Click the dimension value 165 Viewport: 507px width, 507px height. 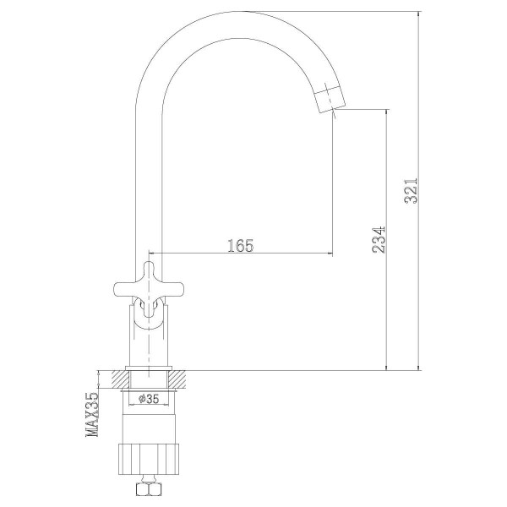pyautogui.click(x=240, y=245)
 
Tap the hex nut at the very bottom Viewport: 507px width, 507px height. pyautogui.click(x=150, y=491)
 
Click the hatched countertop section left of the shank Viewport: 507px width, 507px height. pyautogui.click(x=112, y=379)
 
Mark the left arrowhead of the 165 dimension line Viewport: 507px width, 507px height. pyautogui.click(x=152, y=253)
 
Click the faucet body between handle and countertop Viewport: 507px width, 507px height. pyautogui.click(x=149, y=338)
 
